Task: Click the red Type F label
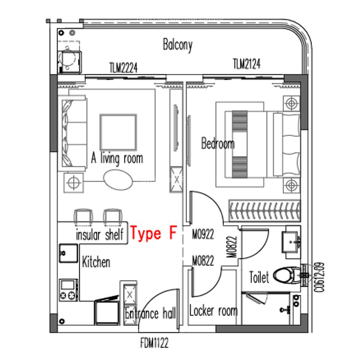click(153, 234)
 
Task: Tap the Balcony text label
click(178, 44)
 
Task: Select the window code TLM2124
click(246, 64)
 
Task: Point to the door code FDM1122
click(154, 343)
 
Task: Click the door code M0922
click(203, 234)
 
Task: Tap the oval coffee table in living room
click(118, 180)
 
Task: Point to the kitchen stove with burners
click(68, 290)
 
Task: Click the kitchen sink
click(68, 254)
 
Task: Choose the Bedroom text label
click(218, 144)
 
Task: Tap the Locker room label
click(213, 311)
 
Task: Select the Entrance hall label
click(150, 313)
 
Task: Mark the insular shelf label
click(100, 235)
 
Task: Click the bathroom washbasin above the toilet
click(291, 241)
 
